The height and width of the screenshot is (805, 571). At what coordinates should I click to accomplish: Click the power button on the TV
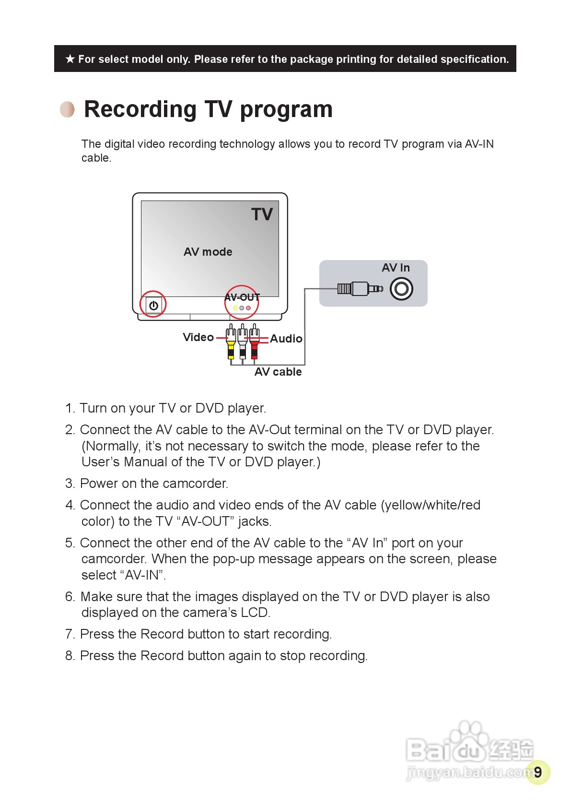coord(153,305)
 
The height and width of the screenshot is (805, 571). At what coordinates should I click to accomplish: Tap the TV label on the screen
coord(262,214)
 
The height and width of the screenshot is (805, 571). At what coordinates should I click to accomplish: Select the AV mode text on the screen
coord(208,252)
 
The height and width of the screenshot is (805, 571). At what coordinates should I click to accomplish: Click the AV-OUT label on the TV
coord(242,297)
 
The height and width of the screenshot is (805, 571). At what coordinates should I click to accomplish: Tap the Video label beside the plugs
coord(198,337)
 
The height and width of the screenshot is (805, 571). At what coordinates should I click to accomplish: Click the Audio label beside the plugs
coord(286,339)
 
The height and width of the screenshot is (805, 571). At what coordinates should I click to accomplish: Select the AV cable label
coord(278,372)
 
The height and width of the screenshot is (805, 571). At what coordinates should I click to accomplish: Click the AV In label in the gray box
coord(396,268)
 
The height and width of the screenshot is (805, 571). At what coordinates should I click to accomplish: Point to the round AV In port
coord(401,289)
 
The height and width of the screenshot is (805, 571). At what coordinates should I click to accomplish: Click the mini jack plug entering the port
coord(360,288)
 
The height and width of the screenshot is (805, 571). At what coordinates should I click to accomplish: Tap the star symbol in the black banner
coord(70,59)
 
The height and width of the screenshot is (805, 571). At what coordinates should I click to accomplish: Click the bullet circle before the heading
coord(68,109)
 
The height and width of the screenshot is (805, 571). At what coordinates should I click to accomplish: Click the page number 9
coord(537,772)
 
